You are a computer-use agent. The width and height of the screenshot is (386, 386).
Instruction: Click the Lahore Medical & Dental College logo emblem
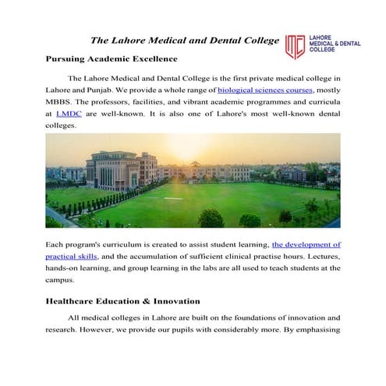(x=295, y=46)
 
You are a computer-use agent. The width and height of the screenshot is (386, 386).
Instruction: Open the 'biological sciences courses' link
(x=265, y=90)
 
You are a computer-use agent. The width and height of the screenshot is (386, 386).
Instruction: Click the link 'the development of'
(x=306, y=244)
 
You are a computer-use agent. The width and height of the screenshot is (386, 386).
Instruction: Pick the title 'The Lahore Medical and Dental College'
(x=185, y=39)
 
